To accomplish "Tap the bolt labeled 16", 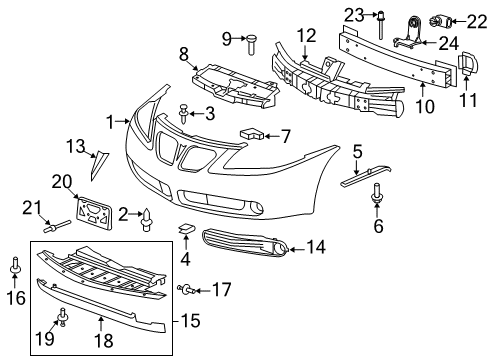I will tap(17, 268).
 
